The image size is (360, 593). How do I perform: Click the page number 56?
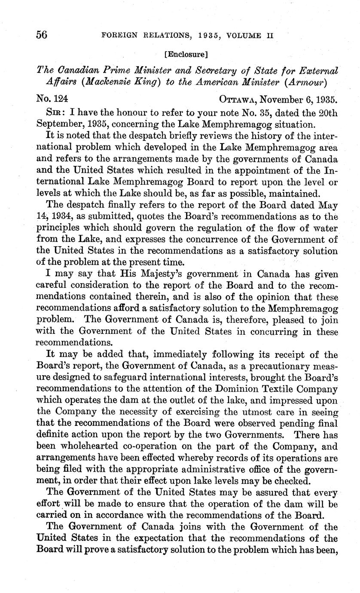pyautogui.click(x=42, y=35)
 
